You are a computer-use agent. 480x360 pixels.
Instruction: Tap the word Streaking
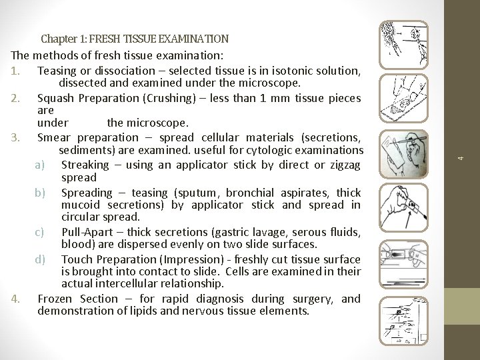click(85, 165)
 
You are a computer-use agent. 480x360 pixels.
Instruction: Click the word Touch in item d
click(77, 259)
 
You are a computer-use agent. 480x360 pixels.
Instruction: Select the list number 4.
click(15, 299)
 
